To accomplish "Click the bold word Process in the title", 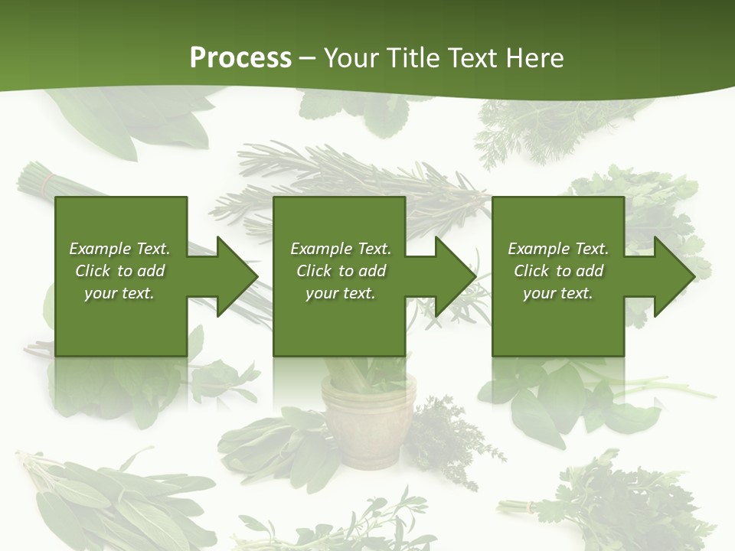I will (x=240, y=58).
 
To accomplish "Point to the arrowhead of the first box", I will (x=237, y=276).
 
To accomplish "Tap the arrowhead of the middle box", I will (x=455, y=276).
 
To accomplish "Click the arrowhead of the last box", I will (x=674, y=276).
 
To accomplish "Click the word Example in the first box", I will (x=100, y=249).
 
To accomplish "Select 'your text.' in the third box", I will (x=557, y=293).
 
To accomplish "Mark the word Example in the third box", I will (x=538, y=249).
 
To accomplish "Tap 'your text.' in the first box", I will (x=119, y=293).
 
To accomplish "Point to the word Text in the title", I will (x=470, y=58).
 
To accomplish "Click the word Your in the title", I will (x=352, y=58).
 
